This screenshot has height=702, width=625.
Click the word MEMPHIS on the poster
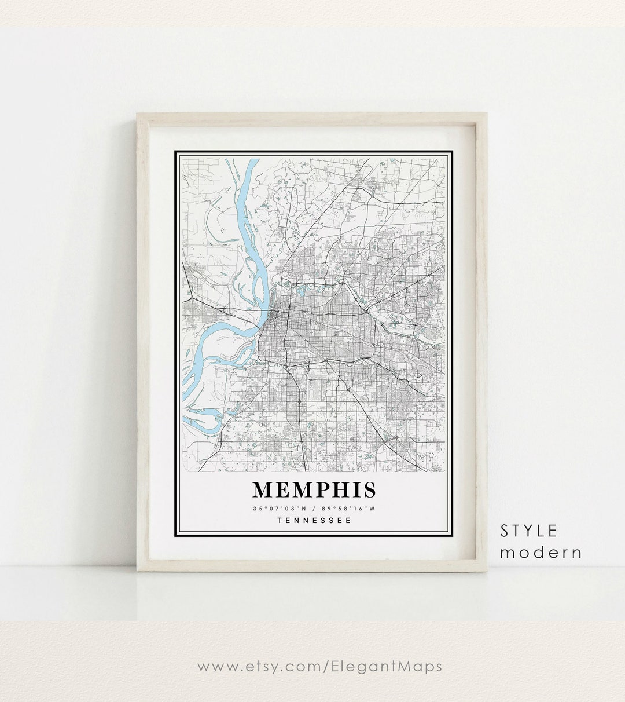tap(314, 490)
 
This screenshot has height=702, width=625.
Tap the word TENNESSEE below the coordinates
tap(314, 520)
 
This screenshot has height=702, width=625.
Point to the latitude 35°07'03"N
tap(275, 509)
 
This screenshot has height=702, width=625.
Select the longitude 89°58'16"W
tap(349, 509)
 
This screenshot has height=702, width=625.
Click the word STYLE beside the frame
tap(529, 530)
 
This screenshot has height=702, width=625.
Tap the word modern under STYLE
tap(541, 552)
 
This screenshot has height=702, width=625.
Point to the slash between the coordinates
tap(312, 509)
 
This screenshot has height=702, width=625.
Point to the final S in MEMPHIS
tap(369, 490)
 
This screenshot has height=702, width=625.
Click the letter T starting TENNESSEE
tap(280, 520)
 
